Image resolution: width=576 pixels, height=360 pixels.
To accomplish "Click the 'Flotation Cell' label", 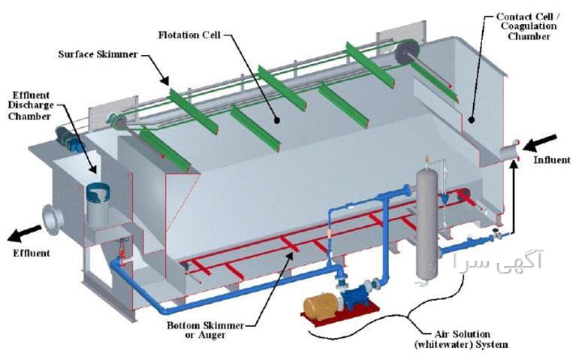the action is [x=189, y=35].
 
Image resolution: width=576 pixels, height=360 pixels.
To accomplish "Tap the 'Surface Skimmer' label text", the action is [x=98, y=54].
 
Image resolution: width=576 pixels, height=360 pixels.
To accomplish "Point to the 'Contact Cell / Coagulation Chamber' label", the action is [x=528, y=26].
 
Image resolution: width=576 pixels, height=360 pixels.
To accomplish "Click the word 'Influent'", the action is [x=552, y=160].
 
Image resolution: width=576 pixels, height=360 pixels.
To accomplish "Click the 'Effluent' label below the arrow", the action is [x=32, y=253].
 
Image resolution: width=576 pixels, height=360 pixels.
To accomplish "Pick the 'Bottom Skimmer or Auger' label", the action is [x=205, y=330].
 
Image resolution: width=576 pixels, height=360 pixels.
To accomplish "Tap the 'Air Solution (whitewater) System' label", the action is [x=461, y=340].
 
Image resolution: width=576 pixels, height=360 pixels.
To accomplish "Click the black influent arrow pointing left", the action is [x=539, y=143].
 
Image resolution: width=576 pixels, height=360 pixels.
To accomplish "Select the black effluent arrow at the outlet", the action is [x=24, y=234].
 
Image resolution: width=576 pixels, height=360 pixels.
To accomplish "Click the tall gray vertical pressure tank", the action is [x=427, y=223].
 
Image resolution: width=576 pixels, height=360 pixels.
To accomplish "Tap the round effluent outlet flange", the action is [x=52, y=220].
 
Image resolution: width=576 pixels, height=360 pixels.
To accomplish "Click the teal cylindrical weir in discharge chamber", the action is [x=98, y=192].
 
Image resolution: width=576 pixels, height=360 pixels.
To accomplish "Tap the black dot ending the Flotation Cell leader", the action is [x=277, y=120].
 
